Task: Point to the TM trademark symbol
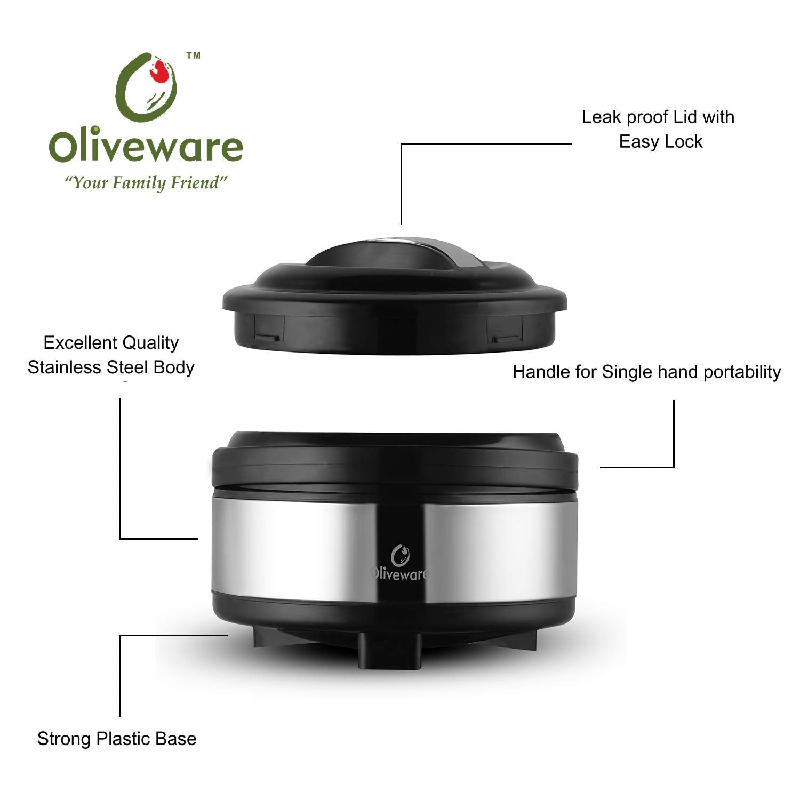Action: (193, 55)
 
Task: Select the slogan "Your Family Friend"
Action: (146, 183)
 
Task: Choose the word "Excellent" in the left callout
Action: (81, 343)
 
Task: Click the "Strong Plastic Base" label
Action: (117, 739)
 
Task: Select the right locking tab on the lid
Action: (505, 339)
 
